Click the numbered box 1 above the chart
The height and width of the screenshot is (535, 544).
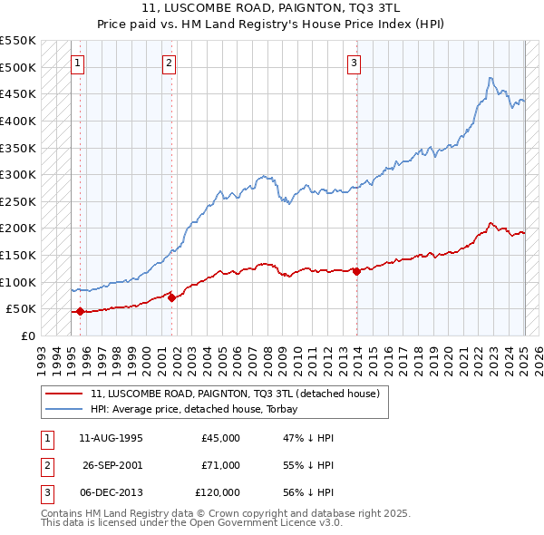point(78,63)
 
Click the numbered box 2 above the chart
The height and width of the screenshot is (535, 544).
point(170,63)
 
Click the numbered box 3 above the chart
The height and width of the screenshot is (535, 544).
point(354,63)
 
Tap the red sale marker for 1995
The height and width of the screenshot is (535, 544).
point(80,311)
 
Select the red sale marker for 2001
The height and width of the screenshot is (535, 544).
point(171,297)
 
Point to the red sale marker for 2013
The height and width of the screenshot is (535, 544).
point(356,271)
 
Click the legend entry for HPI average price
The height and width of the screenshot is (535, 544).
point(200,409)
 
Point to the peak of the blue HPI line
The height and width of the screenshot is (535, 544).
point(490,78)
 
